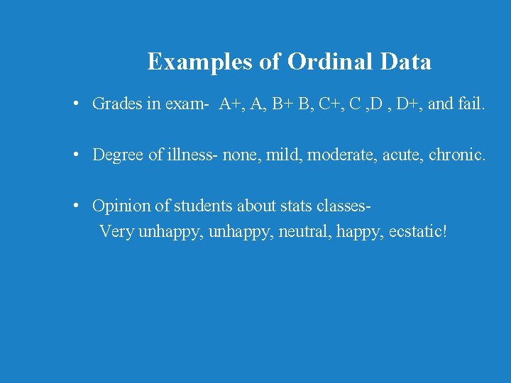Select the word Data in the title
pos(405,62)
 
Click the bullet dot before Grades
pos(75,104)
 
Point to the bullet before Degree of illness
pos(75,155)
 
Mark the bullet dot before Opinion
pos(75,206)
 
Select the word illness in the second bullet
pos(194,155)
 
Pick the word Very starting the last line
pos(117,232)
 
